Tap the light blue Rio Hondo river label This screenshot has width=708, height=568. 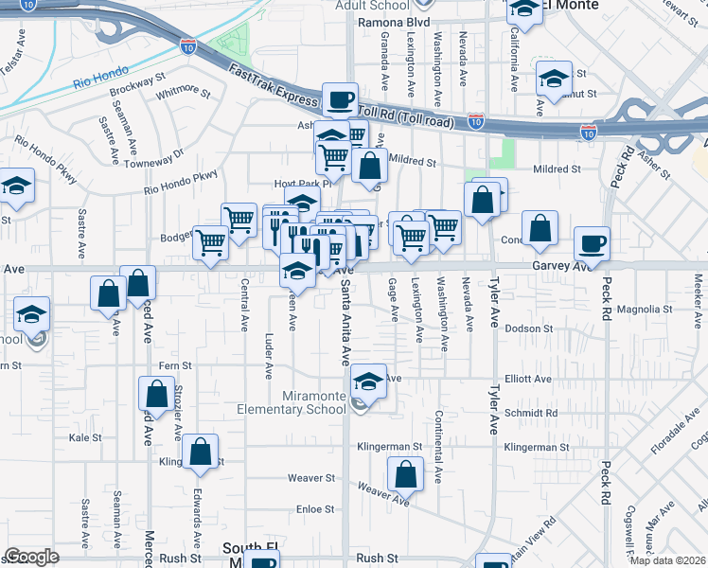pos(100,80)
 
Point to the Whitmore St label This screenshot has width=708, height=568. pos(183,92)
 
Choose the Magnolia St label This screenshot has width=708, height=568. pos(644,309)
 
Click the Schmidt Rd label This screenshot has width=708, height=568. pos(532,413)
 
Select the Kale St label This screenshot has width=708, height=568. pos(85,437)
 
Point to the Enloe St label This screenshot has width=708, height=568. pos(317,509)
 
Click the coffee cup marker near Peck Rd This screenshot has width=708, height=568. pos(592,243)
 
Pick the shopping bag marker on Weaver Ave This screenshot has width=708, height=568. pos(405,473)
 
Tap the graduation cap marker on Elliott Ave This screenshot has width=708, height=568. pos(368,381)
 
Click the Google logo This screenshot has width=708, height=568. pos(31,557)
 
